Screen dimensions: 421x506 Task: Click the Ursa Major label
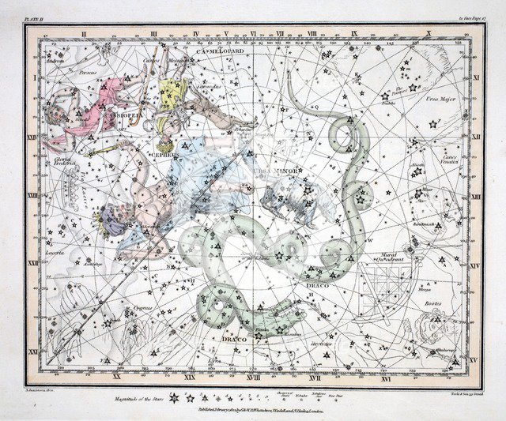pos(439,98)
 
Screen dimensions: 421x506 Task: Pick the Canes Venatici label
pos(450,159)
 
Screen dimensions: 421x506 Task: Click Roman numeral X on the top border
pos(429,35)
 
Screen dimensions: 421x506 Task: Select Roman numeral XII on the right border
pos(474,135)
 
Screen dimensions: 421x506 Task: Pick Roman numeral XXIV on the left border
pos(33,135)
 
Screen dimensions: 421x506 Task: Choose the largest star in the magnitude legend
pos(172,398)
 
